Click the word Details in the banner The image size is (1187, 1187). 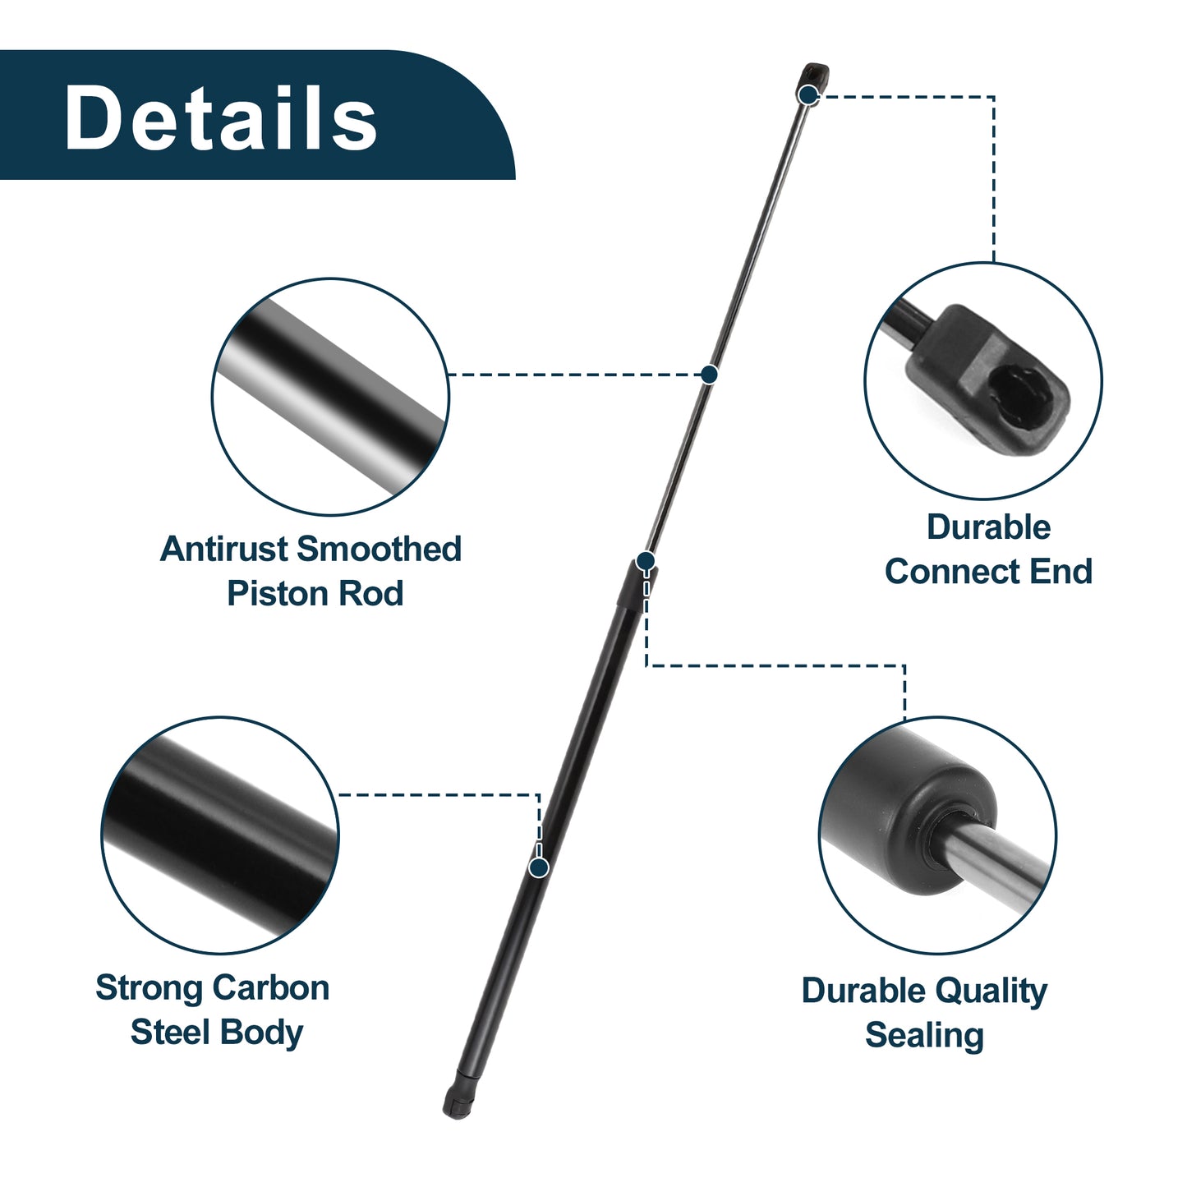[220, 117]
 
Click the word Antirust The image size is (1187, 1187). [225, 549]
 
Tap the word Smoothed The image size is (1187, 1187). [380, 549]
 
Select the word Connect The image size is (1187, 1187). [953, 571]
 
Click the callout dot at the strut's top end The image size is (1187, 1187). [807, 95]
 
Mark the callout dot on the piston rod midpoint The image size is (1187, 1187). [709, 374]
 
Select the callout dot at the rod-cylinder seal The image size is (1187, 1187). [646, 561]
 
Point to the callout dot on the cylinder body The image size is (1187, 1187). [539, 868]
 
